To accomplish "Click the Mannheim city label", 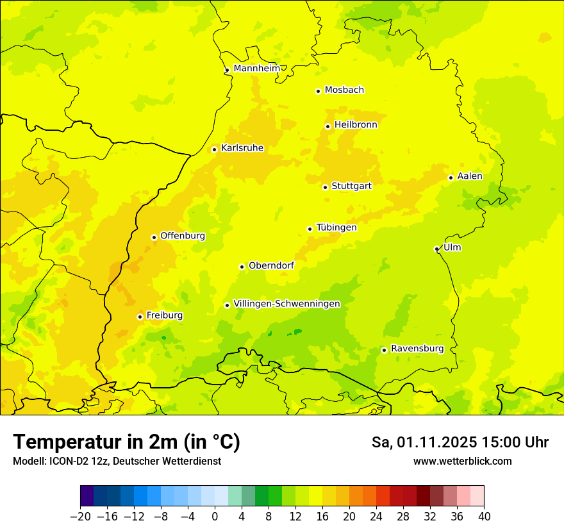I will coord(256,69).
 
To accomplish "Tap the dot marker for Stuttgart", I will coord(325,187).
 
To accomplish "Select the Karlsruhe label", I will coord(242,148).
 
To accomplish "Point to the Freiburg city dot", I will coord(140,317).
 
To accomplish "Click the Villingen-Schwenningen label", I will coord(286,304).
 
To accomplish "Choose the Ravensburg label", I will coord(417,349).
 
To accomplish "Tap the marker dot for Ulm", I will coord(436,249).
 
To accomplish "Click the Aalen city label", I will coord(469,176).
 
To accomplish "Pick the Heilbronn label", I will coord(356,125).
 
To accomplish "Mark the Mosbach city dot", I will coord(318,91).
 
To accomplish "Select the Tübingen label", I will coord(336,228).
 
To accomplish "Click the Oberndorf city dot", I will coord(242,267).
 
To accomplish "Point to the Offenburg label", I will coord(182,236).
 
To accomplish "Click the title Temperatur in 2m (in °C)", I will coord(126,442).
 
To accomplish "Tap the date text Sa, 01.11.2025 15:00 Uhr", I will coord(460,442).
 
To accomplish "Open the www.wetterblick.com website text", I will coord(462,461).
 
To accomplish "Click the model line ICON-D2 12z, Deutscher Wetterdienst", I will coord(117,461).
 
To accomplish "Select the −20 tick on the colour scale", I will coord(80,517).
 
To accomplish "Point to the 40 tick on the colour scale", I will coord(484,517).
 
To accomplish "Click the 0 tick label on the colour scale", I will coord(215,517).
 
